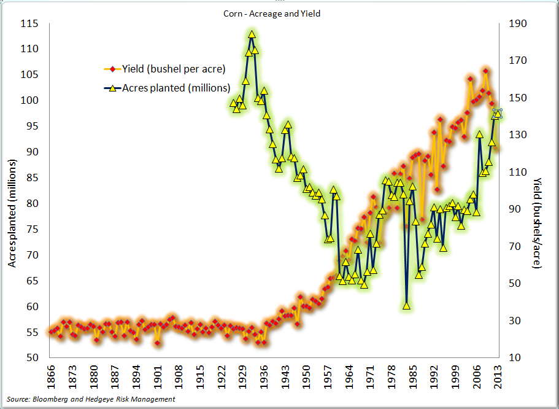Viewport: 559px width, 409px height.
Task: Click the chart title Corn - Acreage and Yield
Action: click(272, 13)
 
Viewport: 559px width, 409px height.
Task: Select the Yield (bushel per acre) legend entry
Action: click(174, 68)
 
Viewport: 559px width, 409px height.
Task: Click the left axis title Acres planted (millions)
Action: click(12, 212)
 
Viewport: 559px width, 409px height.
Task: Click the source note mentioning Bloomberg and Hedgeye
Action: click(91, 399)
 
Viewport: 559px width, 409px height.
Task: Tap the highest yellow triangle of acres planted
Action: click(252, 34)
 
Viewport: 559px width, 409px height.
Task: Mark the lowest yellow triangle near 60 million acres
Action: click(406, 305)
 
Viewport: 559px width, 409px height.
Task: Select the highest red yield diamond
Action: click(485, 71)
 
